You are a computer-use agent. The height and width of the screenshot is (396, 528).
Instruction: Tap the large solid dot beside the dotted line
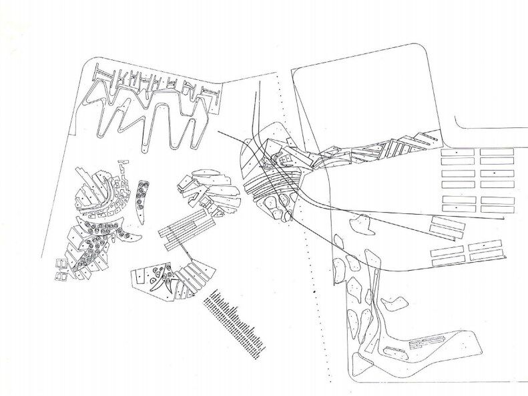(x=312, y=291)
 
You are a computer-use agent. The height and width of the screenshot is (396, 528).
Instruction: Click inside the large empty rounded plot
(x=360, y=100)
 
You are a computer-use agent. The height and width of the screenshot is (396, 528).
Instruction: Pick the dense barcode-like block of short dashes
(x=236, y=320)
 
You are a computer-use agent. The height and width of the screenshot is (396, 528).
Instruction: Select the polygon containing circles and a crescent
(x=154, y=280)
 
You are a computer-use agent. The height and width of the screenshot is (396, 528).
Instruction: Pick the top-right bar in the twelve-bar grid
(x=497, y=152)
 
